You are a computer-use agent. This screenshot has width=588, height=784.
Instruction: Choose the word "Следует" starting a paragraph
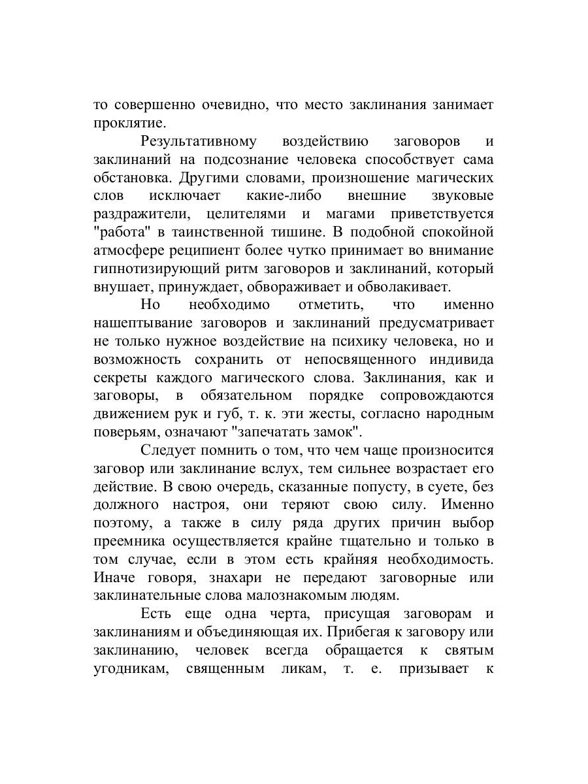[167, 450]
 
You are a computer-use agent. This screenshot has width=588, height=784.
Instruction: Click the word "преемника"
[129, 541]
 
